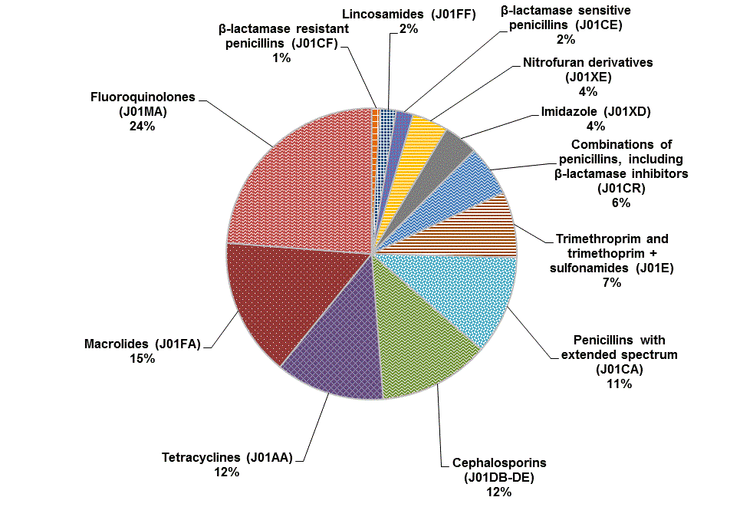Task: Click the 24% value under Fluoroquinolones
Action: click(x=142, y=127)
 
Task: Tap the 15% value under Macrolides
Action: click(x=142, y=359)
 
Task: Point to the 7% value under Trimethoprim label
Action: click(x=611, y=281)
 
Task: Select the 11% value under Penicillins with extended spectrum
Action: click(x=618, y=384)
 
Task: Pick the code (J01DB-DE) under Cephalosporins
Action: click(x=499, y=477)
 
